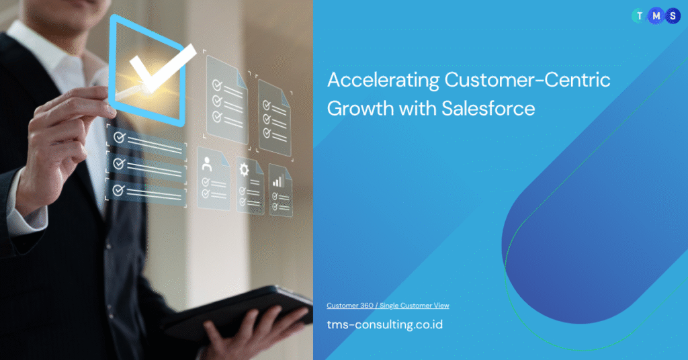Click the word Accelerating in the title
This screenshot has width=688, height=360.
[383, 81]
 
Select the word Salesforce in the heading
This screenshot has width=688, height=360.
[488, 108]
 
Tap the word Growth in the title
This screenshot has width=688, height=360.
[360, 108]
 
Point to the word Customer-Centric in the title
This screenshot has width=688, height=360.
[527, 80]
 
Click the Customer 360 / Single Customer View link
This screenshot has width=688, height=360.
[388, 306]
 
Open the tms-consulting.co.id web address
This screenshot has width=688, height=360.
[385, 324]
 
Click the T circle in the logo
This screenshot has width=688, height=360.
[640, 16]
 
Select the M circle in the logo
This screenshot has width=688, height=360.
[656, 16]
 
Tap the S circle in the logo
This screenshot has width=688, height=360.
[673, 16]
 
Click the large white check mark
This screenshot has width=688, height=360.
[161, 69]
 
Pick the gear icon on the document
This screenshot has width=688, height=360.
[244, 170]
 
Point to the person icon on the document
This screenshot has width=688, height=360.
[207, 164]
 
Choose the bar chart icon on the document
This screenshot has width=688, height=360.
[278, 181]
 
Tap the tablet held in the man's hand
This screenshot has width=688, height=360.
[246, 312]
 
